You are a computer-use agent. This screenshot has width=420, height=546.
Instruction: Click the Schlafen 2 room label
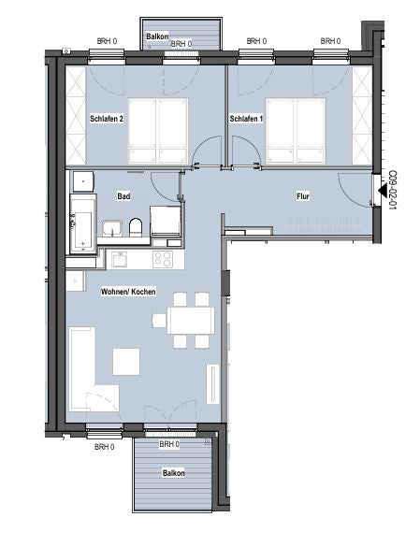click(107, 119)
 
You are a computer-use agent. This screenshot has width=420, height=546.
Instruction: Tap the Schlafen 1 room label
click(246, 119)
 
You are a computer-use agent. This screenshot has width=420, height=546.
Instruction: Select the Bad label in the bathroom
click(123, 196)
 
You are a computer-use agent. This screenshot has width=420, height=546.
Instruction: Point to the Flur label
click(303, 196)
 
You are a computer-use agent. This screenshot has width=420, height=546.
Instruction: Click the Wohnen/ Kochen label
click(128, 292)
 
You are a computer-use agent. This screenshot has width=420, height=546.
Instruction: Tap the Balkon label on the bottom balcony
click(173, 473)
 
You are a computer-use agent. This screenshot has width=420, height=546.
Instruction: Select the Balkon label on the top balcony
click(157, 36)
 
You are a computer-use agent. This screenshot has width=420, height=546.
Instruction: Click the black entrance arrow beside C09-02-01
click(383, 191)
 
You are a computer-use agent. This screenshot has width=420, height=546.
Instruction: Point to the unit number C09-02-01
click(393, 190)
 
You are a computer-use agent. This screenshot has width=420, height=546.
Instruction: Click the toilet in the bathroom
click(136, 227)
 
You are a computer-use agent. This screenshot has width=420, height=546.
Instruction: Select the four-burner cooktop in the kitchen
click(163, 259)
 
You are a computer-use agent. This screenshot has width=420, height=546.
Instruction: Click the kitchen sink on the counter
click(120, 259)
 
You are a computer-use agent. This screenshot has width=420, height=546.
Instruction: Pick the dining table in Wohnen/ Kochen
click(191, 321)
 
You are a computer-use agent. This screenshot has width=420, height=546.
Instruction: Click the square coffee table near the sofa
click(126, 362)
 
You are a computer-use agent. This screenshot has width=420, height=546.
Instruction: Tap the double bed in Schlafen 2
click(158, 131)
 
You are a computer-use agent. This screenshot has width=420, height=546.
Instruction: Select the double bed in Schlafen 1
click(296, 131)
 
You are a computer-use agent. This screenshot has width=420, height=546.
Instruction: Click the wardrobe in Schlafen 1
click(362, 116)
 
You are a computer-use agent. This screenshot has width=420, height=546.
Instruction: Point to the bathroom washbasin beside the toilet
click(111, 228)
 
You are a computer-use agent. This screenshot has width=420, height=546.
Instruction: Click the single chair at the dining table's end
click(159, 321)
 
